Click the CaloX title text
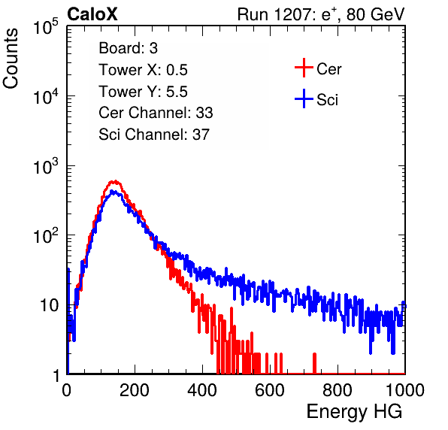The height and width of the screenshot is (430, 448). click(92, 14)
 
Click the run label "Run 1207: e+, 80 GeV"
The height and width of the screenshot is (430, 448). click(321, 14)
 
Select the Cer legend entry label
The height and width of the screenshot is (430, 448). click(328, 69)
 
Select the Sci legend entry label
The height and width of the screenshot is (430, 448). click(327, 100)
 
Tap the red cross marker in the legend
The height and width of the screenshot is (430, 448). click(304, 68)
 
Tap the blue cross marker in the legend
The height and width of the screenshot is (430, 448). click(304, 98)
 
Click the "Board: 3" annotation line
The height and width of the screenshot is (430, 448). click(128, 48)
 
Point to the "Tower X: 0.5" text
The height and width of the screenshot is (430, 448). click(143, 70)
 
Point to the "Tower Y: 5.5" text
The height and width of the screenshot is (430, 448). click(143, 92)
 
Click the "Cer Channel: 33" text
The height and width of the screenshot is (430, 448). click(156, 113)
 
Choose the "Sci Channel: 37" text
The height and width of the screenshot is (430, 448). click(154, 135)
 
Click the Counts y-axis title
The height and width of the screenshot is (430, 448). click(11, 59)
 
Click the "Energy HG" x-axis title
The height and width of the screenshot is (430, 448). click(354, 412)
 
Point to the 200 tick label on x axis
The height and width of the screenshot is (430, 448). click(135, 390)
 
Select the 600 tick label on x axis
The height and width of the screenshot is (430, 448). click(270, 390)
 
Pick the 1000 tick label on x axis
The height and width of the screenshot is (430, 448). click(405, 390)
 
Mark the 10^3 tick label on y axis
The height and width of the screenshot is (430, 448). click(46, 167)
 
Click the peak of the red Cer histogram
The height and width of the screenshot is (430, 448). click(114, 181)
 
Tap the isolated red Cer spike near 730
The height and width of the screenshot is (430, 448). click(314, 363)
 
